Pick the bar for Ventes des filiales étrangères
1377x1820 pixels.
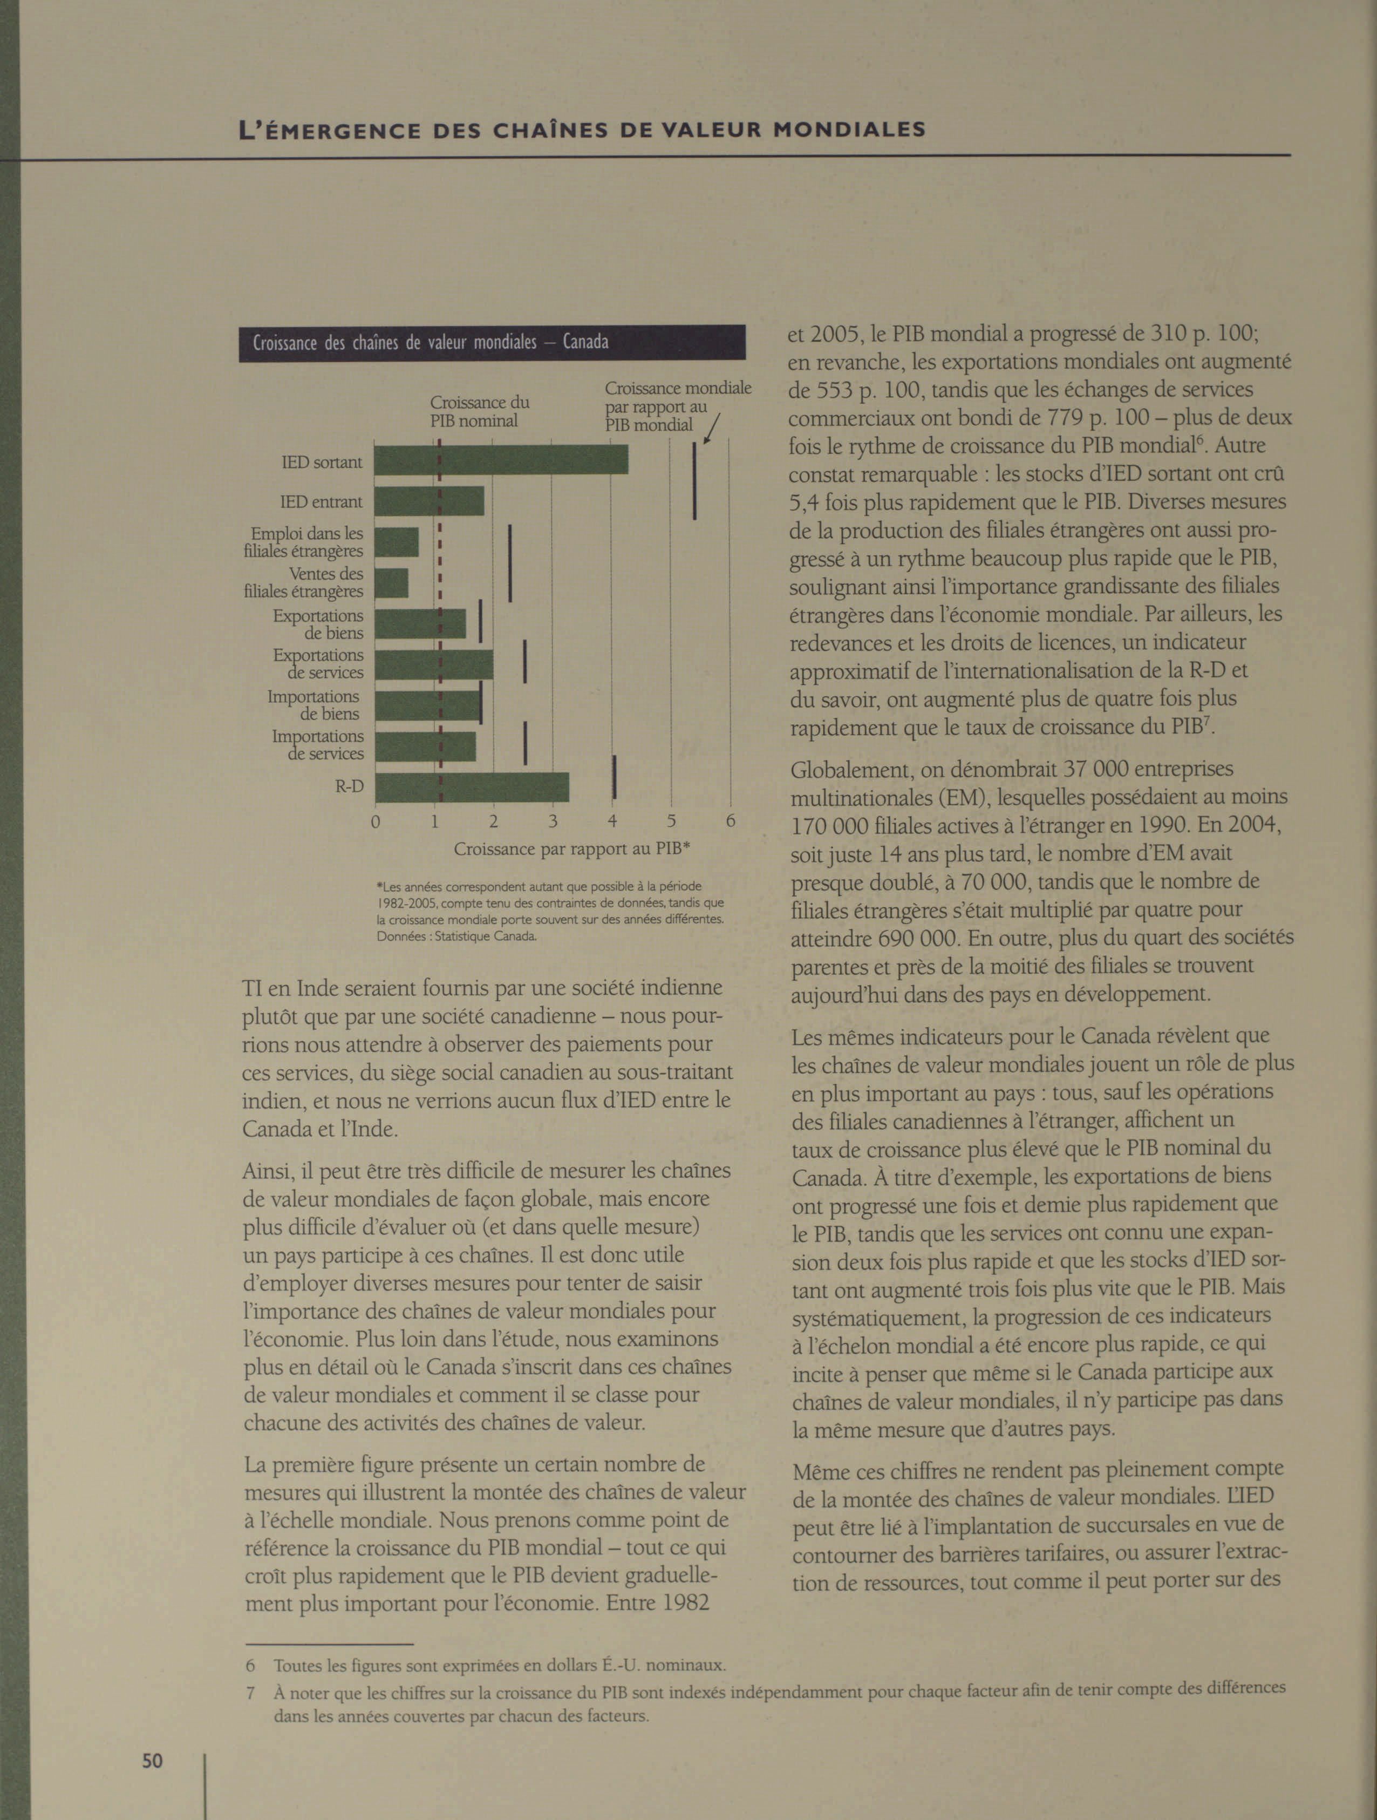point(392,582)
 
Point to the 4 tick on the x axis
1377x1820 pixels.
point(612,820)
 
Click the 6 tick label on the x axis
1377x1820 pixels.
point(730,820)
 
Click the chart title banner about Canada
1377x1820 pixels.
point(492,342)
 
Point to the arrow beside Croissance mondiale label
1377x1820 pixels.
point(712,428)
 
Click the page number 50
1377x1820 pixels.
point(152,1760)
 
